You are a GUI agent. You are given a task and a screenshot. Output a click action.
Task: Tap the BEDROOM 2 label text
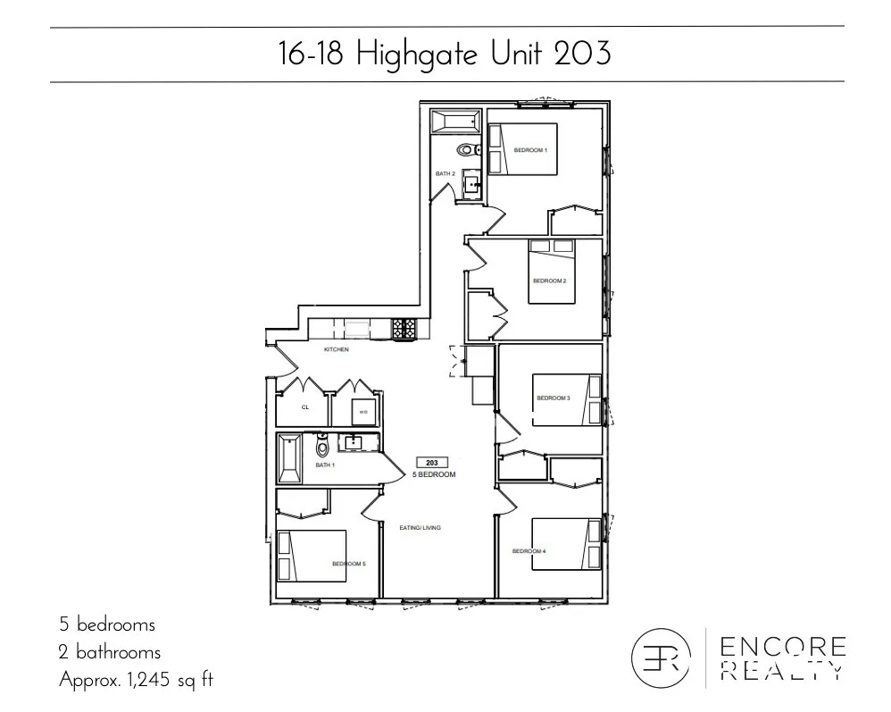click(x=549, y=281)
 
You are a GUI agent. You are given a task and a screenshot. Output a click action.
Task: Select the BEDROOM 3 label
click(x=553, y=398)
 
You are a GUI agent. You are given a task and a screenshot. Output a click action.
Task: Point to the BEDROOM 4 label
click(x=529, y=551)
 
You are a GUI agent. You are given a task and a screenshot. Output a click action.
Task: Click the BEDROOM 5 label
click(x=348, y=564)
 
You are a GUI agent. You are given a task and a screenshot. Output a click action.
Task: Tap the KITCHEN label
click(x=336, y=349)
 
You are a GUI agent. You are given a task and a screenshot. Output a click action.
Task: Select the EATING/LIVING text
click(x=420, y=528)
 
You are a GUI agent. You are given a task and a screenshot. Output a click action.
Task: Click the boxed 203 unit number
click(x=431, y=463)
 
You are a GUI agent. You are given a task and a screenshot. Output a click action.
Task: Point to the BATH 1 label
click(x=325, y=465)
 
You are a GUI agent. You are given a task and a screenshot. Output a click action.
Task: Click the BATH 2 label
click(x=445, y=172)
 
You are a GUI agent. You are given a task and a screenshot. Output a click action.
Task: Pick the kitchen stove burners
click(x=404, y=330)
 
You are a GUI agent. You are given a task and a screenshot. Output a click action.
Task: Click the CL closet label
click(x=304, y=406)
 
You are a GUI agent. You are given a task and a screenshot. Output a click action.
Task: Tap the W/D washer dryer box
click(x=363, y=412)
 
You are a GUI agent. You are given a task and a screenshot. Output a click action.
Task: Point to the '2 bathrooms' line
click(x=110, y=652)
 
